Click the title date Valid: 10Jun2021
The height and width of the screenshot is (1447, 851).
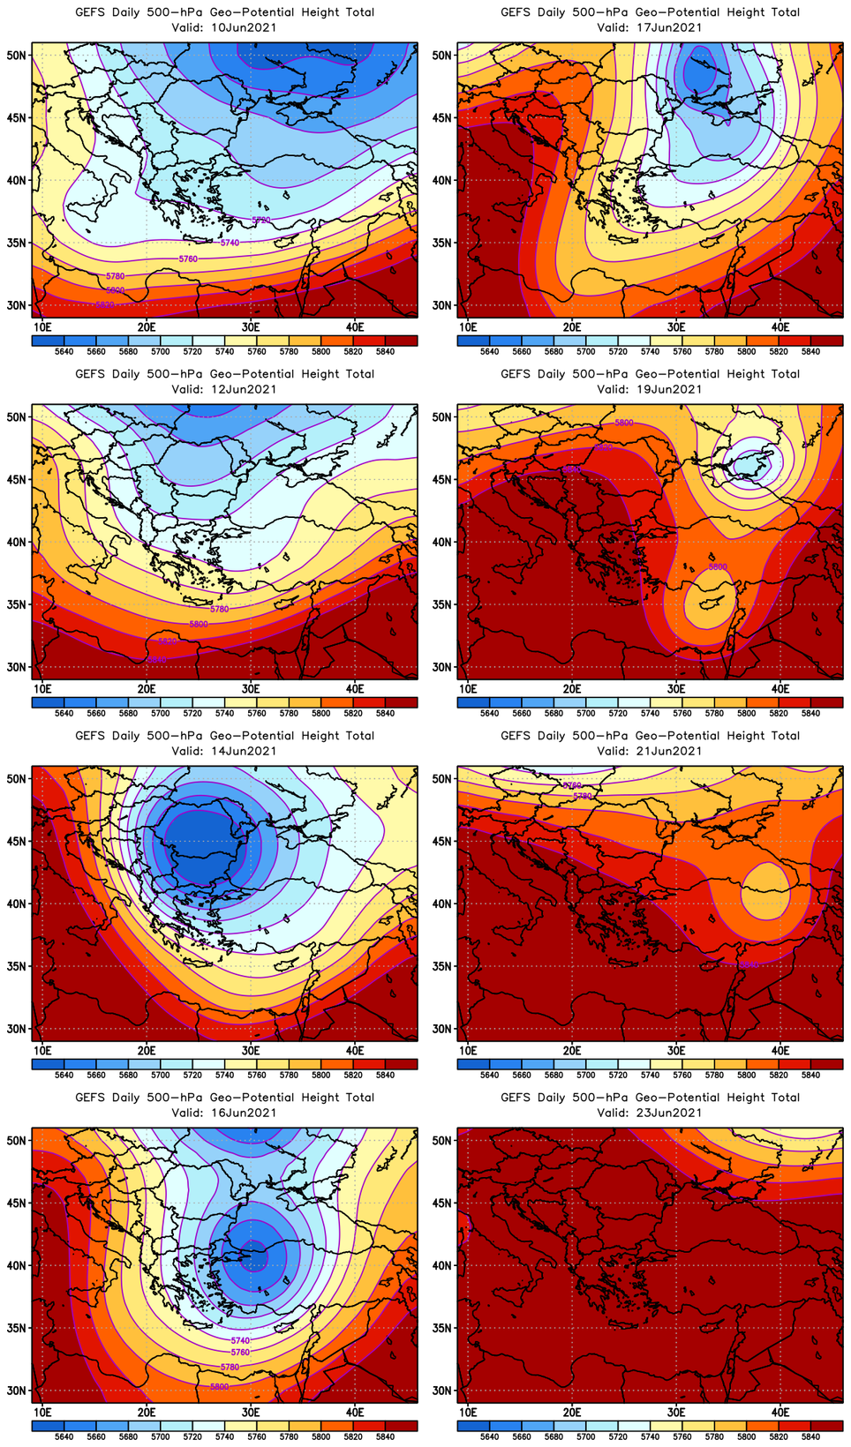coord(224,27)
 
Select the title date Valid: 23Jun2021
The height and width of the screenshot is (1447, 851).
coord(650,1113)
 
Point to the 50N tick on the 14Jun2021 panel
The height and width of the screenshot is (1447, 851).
coord(17,779)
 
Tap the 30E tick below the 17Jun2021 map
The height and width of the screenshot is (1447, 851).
coord(676,327)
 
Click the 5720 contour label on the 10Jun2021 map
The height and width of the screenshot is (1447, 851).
coord(261,220)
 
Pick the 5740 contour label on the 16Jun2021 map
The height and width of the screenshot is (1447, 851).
coord(240,1341)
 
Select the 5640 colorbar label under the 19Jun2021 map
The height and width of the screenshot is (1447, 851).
coord(489,713)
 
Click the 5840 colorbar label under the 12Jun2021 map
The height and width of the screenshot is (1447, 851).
coord(385,713)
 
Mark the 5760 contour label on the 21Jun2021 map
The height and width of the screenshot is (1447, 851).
coord(573,784)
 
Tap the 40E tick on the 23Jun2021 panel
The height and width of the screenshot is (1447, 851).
coord(780,1413)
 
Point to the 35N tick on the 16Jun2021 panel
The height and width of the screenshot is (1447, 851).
coord(17,1328)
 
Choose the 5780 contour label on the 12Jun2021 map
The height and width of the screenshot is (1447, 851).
coord(220,609)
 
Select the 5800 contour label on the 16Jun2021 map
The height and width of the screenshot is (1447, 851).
coord(220,1387)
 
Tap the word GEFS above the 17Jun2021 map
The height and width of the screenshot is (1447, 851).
coord(515,12)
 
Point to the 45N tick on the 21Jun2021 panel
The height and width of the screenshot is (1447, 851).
coord(442,841)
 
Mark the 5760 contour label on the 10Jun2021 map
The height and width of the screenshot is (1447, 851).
coord(188,259)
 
